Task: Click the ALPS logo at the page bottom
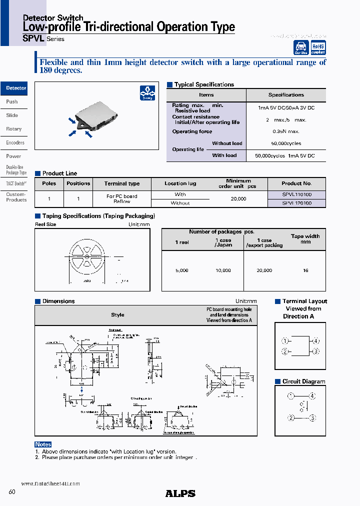180,493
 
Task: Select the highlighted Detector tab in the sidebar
15,88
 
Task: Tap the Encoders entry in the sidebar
15,142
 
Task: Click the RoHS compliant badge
318,47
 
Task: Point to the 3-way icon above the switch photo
147,93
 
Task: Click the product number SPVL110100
296,194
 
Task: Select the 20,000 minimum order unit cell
238,198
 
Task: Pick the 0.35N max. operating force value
286,131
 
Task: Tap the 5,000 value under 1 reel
182,270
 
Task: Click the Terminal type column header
122,183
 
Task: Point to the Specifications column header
286,94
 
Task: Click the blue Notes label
43,444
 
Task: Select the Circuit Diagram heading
303,381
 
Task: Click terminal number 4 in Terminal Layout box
316,341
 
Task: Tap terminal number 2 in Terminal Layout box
284,351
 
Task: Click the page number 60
12,492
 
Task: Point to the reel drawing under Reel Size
87,256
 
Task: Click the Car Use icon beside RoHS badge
301,47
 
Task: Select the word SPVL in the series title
34,38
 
